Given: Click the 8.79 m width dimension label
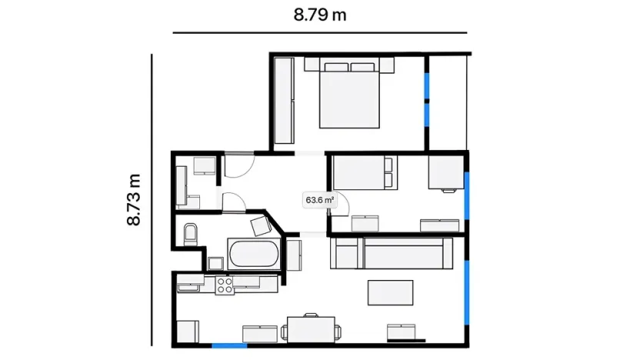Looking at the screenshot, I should click(319, 15).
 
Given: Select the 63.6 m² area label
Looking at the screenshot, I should click(319, 200).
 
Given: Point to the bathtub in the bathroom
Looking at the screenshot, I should click(252, 255).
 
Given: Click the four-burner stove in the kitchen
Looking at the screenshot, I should click(225, 285).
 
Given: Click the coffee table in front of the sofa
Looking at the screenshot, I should click(391, 292).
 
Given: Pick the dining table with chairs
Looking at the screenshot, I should click(312, 329).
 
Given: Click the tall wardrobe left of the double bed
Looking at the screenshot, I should click(284, 102).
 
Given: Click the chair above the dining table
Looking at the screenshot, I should click(311, 315).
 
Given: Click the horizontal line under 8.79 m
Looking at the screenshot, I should click(319, 33).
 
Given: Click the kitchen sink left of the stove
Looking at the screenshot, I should click(189, 287).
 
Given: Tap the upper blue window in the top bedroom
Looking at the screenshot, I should click(427, 85).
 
